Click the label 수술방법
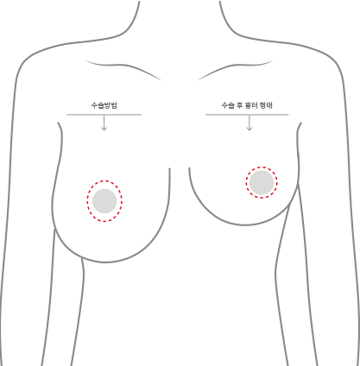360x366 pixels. pos(104,105)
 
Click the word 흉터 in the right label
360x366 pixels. pos(251,105)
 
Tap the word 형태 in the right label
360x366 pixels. pos(266,105)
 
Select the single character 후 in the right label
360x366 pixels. pos(240,105)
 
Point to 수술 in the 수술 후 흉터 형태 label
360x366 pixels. pos(228,105)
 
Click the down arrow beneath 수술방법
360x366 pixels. pos(104,123)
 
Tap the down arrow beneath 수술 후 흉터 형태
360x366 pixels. pos(249,123)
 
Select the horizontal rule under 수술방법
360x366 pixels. pos(104,115)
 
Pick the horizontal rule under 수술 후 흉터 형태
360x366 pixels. pos(247,115)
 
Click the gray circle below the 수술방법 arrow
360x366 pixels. pos(104,201)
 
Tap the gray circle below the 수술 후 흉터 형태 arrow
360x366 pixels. pos(262,182)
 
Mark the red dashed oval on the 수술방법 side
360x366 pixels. pos(87,201)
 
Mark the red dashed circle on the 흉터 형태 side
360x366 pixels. pos(246,182)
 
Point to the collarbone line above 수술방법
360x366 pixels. pos(123,66)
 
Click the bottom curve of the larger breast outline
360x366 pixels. pos(105,262)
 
